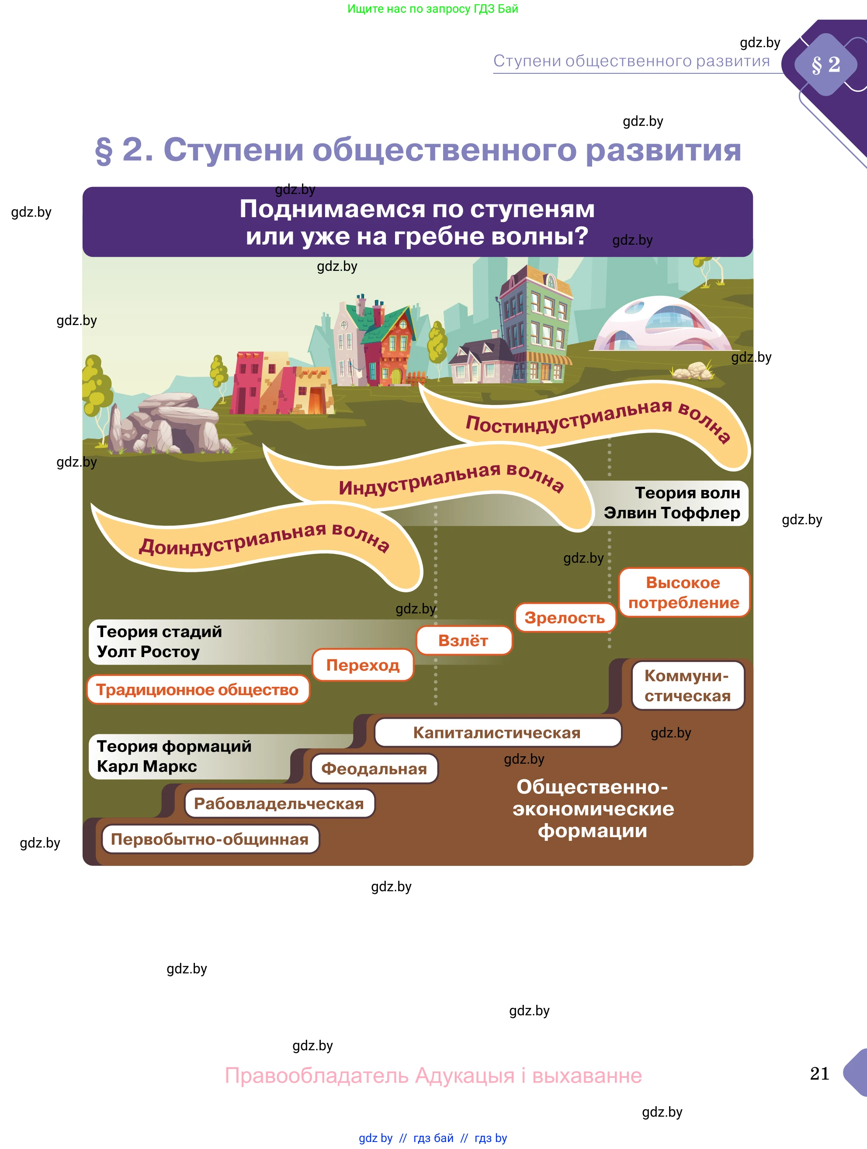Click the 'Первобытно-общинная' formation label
pos(210,839)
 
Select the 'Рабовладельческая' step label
pos(279,803)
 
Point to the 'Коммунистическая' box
pos(687,685)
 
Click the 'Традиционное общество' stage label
pos(198,690)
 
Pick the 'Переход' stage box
pos(363,665)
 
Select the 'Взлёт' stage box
pos(463,640)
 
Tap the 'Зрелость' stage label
pos(565,618)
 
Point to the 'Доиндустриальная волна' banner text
pos(264,540)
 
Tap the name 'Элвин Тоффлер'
pos(672,513)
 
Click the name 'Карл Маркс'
pos(147,766)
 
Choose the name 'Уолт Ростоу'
pos(149,651)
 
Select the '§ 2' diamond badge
pos(826,64)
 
